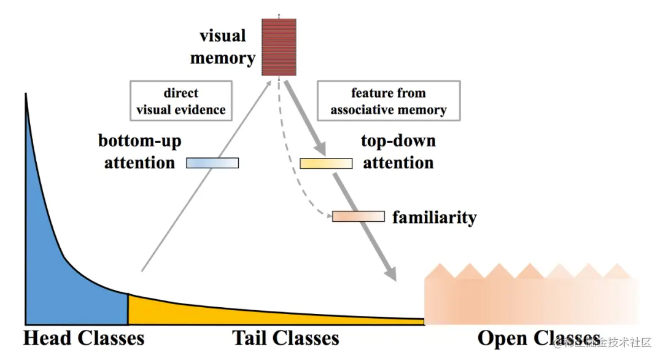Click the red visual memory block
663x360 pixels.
[x=279, y=47]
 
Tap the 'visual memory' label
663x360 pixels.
[x=223, y=47]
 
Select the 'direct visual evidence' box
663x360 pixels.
[x=180, y=101]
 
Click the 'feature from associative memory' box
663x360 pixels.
[x=388, y=101]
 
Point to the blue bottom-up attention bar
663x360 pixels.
[x=212, y=163]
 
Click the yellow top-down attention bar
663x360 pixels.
[x=325, y=163]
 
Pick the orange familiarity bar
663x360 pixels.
[x=359, y=216]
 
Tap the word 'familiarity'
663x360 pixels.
[x=434, y=217]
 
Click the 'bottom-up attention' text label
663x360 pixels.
[x=140, y=151]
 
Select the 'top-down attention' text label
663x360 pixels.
[x=398, y=151]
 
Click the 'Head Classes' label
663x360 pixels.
[x=83, y=338]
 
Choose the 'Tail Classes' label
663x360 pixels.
[x=285, y=338]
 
